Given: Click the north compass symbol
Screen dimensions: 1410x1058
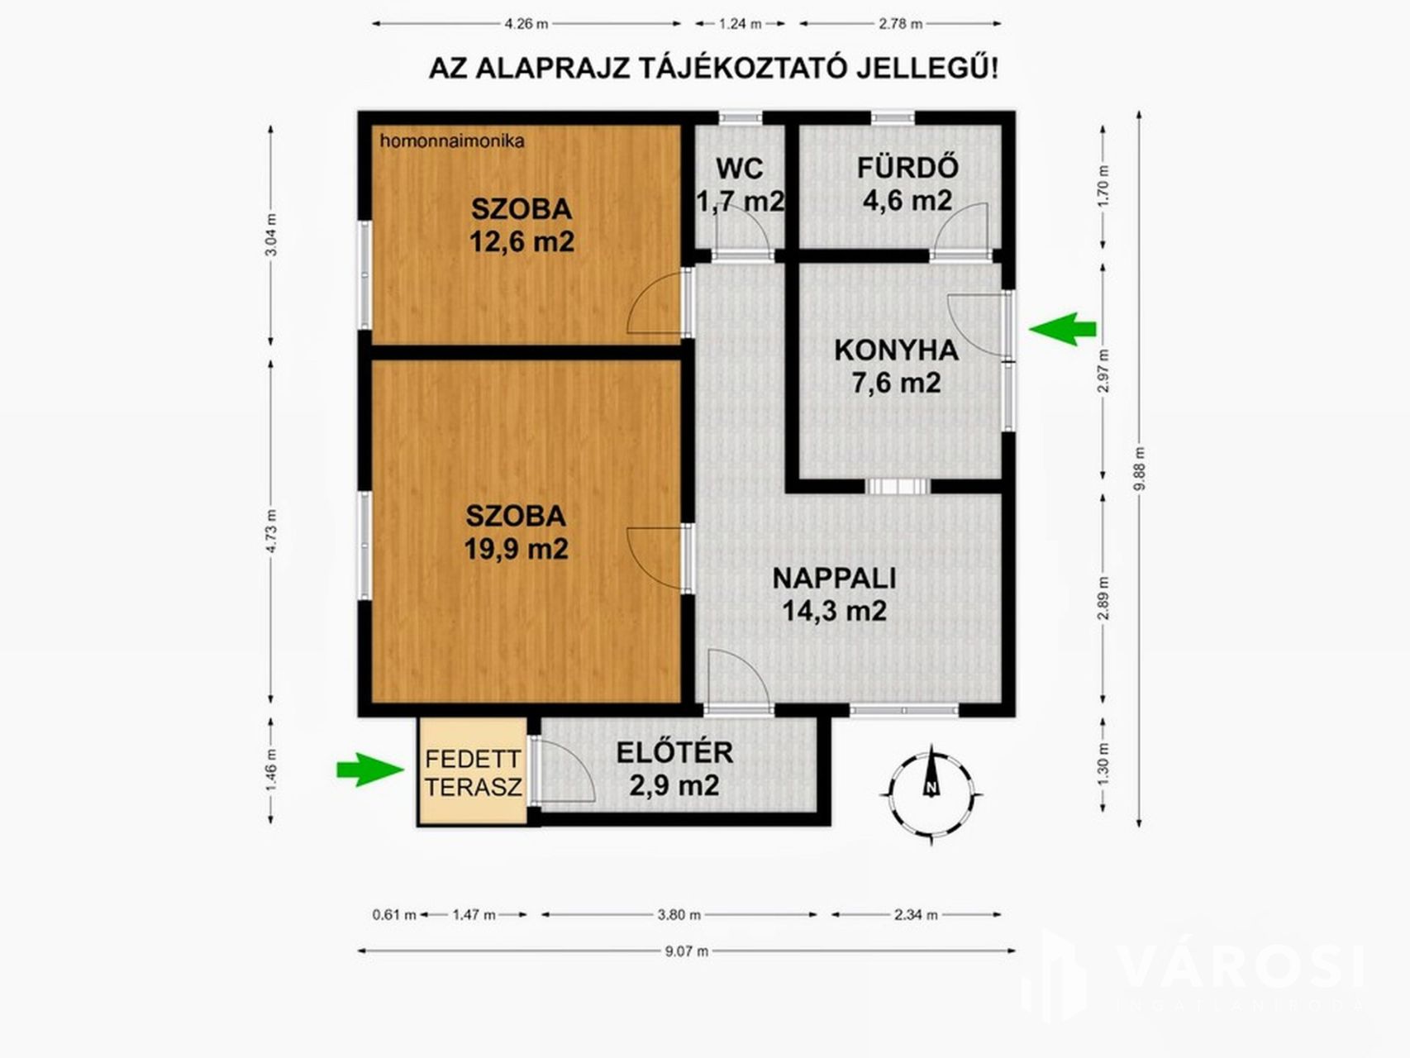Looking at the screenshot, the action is [x=931, y=792].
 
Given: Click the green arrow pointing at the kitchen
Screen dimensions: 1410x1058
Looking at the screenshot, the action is [x=1063, y=329].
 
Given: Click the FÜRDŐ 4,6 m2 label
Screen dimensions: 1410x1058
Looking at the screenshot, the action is [x=907, y=183].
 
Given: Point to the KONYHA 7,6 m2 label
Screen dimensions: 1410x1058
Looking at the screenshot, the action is [x=896, y=366].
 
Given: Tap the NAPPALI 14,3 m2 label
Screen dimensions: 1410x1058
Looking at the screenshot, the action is [x=834, y=594].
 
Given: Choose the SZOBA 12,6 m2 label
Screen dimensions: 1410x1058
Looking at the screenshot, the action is [x=522, y=225].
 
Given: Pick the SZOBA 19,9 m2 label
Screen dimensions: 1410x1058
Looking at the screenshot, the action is [x=516, y=531].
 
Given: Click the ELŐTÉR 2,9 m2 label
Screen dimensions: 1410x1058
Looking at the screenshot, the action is [x=674, y=769].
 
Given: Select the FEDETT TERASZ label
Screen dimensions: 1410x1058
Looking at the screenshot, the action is [x=474, y=772].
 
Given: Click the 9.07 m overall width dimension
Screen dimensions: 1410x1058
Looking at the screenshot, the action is [x=687, y=951].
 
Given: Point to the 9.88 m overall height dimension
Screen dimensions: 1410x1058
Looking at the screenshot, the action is [x=1140, y=469].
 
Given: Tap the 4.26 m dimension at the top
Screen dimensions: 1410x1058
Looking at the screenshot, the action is [x=526, y=24].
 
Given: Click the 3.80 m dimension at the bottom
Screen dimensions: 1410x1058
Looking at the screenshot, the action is [x=679, y=915].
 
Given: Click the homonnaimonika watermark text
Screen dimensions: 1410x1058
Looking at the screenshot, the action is [x=452, y=141].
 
